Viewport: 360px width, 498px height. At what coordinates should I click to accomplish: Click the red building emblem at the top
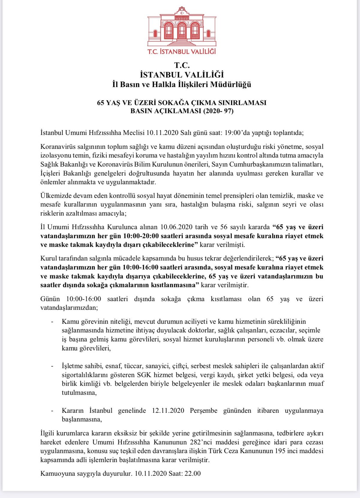[x=181, y=27]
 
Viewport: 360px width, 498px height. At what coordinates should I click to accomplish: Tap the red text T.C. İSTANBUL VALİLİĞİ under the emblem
[x=181, y=51]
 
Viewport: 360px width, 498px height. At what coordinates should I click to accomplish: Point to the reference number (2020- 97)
[x=218, y=111]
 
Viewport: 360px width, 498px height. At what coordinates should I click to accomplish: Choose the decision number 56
[x=224, y=227]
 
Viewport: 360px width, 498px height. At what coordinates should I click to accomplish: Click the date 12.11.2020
[x=168, y=410]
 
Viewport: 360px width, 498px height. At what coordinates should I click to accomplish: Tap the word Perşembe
[x=203, y=410]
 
